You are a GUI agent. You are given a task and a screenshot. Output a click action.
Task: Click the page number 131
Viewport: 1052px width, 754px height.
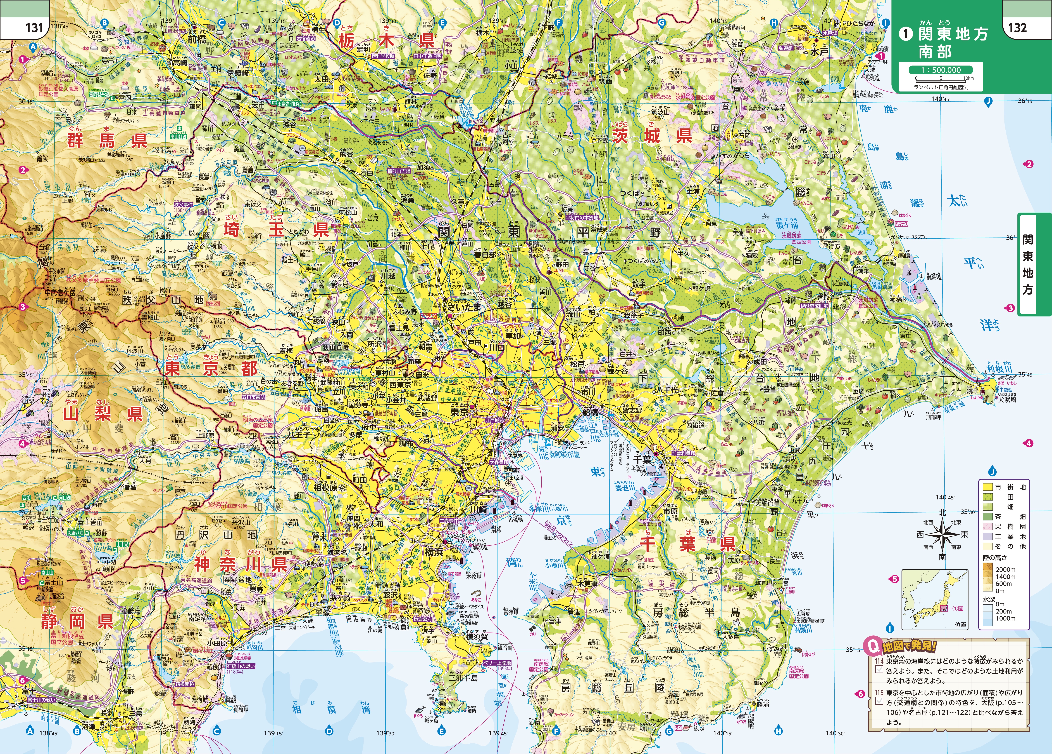[34, 27]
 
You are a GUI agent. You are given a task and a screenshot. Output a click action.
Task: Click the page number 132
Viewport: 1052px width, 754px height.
[1017, 27]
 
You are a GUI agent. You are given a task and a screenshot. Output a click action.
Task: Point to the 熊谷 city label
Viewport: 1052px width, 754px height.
[346, 153]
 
